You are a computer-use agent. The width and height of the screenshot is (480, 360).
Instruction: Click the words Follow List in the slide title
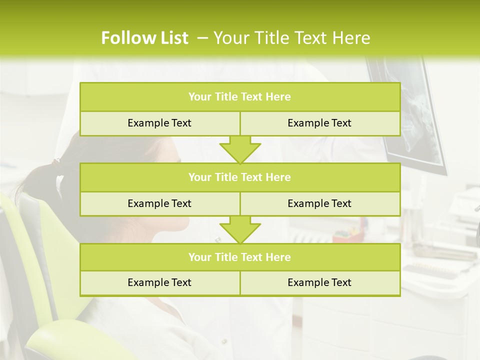[144, 38]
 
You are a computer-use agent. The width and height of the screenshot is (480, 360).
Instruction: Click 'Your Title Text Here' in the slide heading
[291, 38]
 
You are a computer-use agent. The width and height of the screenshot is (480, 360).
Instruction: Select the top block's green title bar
[240, 97]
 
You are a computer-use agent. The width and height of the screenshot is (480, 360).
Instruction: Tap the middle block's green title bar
[240, 177]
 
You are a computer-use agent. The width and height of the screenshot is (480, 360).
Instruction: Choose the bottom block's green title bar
[240, 257]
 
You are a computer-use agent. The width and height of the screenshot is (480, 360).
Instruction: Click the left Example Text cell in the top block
[159, 123]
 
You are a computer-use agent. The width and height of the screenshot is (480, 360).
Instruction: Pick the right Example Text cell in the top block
[319, 123]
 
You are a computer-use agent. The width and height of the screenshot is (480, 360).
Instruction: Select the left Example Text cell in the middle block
[159, 203]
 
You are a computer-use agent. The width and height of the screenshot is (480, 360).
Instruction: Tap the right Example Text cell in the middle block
[319, 203]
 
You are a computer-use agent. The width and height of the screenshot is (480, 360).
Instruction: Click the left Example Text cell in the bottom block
[159, 282]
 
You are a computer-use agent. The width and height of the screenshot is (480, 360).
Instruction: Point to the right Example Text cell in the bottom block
[319, 282]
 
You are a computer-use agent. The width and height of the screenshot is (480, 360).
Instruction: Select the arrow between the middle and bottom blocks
[240, 229]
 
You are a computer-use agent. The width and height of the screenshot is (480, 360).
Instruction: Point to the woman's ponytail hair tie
[56, 162]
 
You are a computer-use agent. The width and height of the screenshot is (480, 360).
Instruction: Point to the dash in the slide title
[202, 38]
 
